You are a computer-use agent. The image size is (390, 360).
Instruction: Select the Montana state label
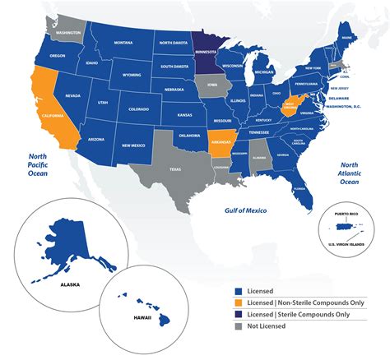point(123,43)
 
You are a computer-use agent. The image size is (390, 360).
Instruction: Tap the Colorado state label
point(137,108)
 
